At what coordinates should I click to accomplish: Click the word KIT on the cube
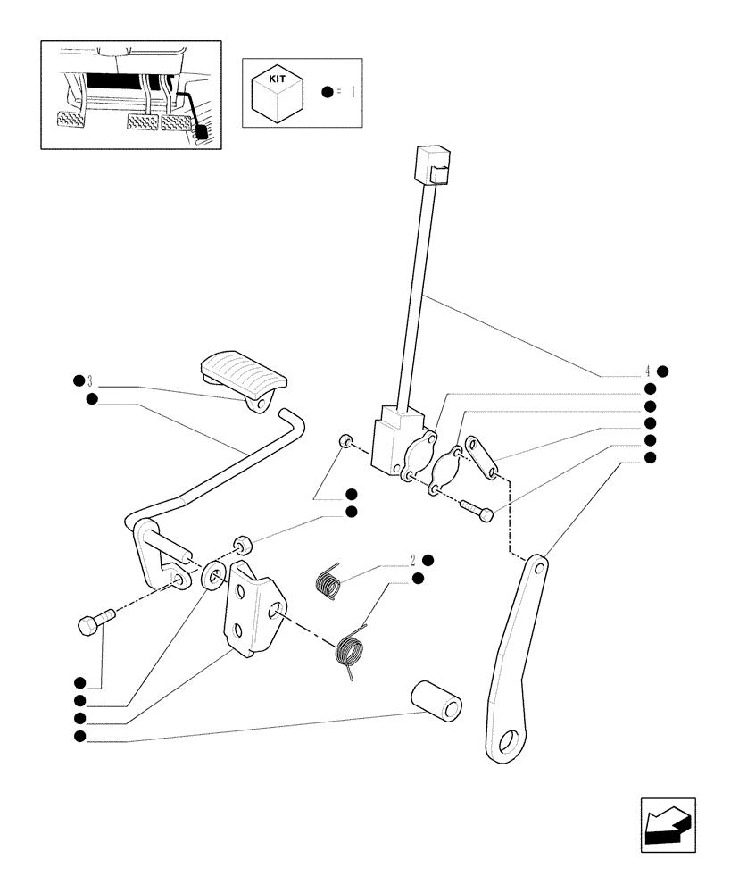click(x=277, y=79)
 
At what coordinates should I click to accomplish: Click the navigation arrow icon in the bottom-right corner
click(x=668, y=825)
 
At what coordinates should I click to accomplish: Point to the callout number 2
click(x=413, y=560)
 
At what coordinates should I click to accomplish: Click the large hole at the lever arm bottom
click(x=512, y=742)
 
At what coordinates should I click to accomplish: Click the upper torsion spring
click(x=329, y=582)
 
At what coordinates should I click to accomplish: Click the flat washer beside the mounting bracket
click(x=213, y=576)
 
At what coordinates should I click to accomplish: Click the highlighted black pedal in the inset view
click(x=201, y=131)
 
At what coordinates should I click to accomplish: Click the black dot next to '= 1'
click(x=328, y=91)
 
